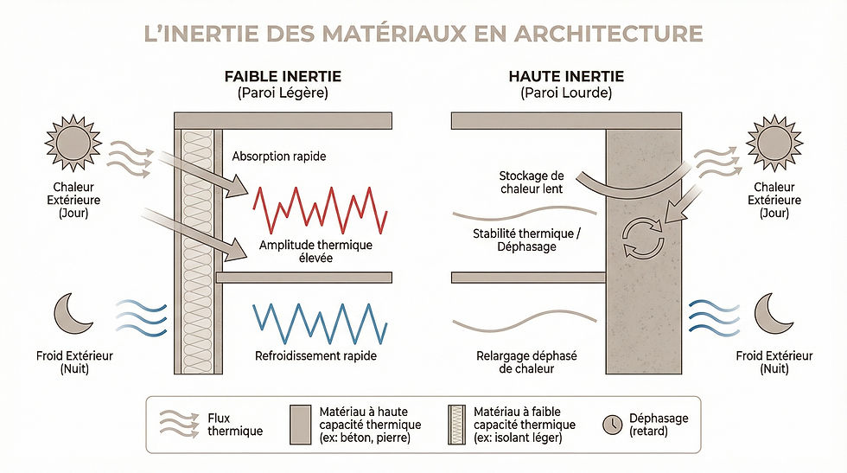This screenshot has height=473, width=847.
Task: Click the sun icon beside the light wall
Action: point(73,143)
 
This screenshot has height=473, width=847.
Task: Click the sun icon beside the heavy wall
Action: point(774,143)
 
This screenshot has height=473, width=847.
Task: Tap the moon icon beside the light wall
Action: point(72,314)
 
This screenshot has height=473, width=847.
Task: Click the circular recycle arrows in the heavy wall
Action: point(643,237)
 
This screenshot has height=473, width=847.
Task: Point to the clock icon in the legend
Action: point(613,425)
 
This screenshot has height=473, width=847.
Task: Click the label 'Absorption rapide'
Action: point(278,157)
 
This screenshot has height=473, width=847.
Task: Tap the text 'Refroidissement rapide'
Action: point(315,355)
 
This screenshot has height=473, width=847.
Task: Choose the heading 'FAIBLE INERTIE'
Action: point(283,76)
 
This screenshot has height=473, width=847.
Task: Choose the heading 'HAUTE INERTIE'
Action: point(566,76)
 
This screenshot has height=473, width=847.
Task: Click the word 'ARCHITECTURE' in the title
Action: point(608,34)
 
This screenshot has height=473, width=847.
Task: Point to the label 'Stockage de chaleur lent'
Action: point(532,182)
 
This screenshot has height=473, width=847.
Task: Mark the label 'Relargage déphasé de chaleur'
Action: point(526,362)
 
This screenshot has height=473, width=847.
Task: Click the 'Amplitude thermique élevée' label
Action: point(315,252)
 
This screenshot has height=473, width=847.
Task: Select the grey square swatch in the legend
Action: point(301,425)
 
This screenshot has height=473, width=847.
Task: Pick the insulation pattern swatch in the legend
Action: point(456,425)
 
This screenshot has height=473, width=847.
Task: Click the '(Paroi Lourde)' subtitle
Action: point(566,93)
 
